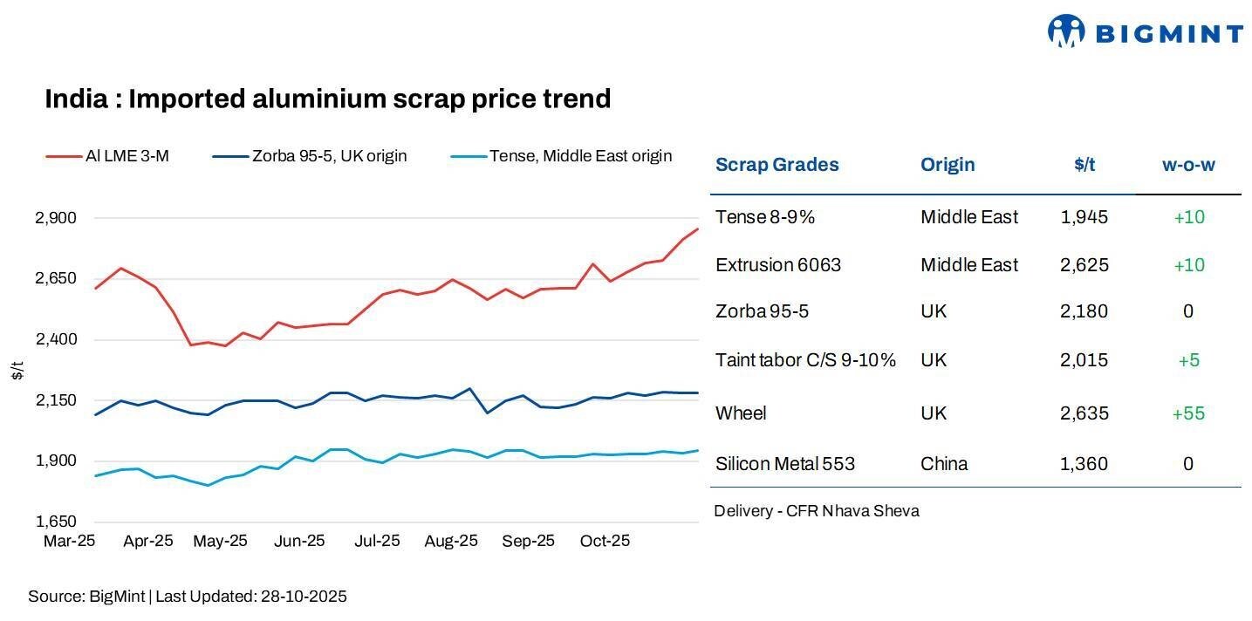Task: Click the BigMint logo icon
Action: [x=1065, y=31]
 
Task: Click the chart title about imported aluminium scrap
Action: [x=327, y=99]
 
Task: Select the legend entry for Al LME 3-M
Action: [x=107, y=156]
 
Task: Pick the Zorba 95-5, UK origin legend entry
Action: [x=310, y=156]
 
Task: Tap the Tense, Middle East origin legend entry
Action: [x=561, y=156]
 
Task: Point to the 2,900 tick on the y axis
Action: [x=56, y=217]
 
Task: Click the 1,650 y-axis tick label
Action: [x=56, y=522]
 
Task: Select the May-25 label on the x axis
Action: [x=220, y=542]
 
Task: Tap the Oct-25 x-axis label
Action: [x=605, y=542]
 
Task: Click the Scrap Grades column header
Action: [x=777, y=165]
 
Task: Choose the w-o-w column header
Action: [x=1188, y=165]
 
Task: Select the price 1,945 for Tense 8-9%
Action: [x=1084, y=217]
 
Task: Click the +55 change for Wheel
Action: [x=1188, y=413]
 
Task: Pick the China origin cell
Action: [x=944, y=464]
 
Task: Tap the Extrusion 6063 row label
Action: [x=778, y=265]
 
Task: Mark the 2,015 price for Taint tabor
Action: [x=1084, y=360]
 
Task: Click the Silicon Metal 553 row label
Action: [x=785, y=464]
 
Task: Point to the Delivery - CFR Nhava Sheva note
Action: [x=816, y=511]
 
